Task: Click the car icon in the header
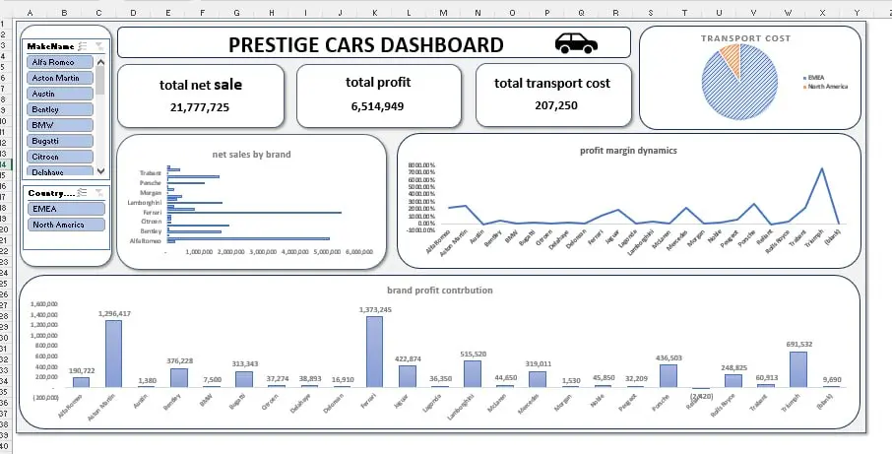click(576, 43)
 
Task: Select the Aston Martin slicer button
click(60, 77)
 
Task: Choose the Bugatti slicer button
click(60, 141)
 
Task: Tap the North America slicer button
click(66, 225)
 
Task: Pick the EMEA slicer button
click(66, 209)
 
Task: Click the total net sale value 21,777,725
click(200, 106)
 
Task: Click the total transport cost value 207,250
click(552, 105)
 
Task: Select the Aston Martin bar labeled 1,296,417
click(114, 354)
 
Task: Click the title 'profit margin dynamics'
click(628, 151)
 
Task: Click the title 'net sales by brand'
click(251, 155)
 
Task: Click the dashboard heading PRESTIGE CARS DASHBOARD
click(365, 44)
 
